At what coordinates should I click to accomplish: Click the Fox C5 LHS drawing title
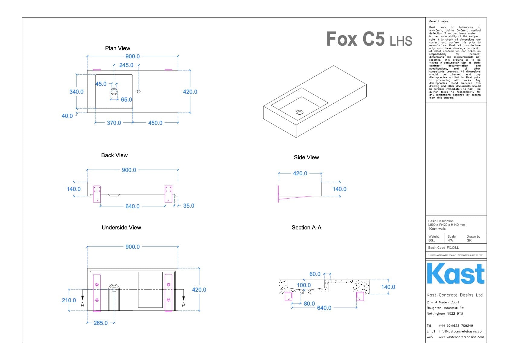pos(369,39)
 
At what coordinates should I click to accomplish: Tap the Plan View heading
pos(118,48)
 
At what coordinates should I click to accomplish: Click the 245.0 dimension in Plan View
pos(126,65)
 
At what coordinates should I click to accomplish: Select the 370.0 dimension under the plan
pos(114,123)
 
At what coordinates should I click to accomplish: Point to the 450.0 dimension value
pos(155,123)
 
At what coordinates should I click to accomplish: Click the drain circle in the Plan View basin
pos(114,92)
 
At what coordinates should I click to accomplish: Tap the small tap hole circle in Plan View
pos(139,92)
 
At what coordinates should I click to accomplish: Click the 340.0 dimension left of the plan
pos(76,92)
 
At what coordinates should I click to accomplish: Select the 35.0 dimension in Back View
pos(189,206)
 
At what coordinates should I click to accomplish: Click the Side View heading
pos(306,157)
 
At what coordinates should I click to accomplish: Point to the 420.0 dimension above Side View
pos(300,174)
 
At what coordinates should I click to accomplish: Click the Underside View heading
pos(121,228)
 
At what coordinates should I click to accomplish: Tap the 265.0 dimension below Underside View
pos(101,323)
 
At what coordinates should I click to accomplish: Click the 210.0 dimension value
pos(69,300)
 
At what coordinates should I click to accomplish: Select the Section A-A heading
pos(306,228)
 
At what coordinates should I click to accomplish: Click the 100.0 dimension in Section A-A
pos(303,285)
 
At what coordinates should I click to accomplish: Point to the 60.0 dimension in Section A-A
pos(315,274)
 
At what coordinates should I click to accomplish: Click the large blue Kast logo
pos(456,274)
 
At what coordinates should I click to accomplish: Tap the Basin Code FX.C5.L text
pos(443,248)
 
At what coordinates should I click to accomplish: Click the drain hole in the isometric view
pos(300,112)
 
